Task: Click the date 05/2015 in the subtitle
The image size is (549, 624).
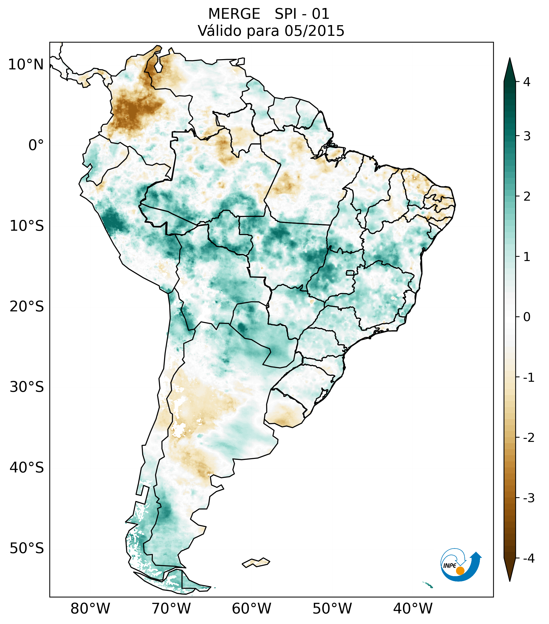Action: [314, 31]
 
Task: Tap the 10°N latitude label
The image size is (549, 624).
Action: [26, 65]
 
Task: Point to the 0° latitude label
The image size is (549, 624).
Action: [36, 145]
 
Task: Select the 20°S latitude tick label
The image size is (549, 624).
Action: [27, 307]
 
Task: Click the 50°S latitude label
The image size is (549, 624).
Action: [27, 549]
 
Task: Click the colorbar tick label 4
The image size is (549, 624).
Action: [527, 82]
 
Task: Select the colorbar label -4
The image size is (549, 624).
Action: [528, 559]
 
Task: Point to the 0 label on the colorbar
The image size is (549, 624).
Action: [527, 317]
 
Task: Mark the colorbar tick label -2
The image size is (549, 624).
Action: [528, 438]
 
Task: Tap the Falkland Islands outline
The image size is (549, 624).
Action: [256, 562]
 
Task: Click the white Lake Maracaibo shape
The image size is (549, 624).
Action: [158, 66]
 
